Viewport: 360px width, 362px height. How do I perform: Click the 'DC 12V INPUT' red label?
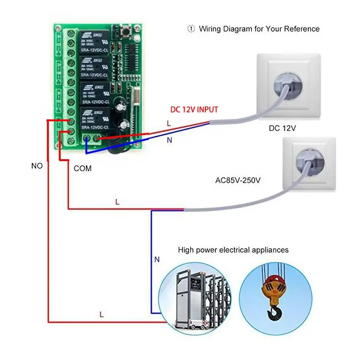tap(194, 109)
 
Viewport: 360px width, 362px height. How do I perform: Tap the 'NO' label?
tap(37, 166)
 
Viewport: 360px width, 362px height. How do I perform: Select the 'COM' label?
tap(83, 168)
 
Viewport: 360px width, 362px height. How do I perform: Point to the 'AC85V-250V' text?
tap(238, 181)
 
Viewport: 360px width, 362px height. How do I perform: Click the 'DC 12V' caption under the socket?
tap(282, 127)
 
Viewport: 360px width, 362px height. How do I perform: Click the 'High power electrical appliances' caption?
tap(233, 250)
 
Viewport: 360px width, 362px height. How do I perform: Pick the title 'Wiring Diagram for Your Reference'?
tap(259, 29)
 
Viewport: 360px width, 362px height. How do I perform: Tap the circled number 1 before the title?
tap(191, 29)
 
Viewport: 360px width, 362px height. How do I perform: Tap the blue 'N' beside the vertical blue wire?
tap(157, 259)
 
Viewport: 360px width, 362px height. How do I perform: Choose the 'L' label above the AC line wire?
tap(117, 202)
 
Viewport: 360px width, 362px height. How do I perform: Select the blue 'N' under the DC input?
tap(169, 140)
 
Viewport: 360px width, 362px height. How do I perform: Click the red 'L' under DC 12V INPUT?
tap(169, 123)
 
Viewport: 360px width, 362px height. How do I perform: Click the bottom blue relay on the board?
tap(93, 119)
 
